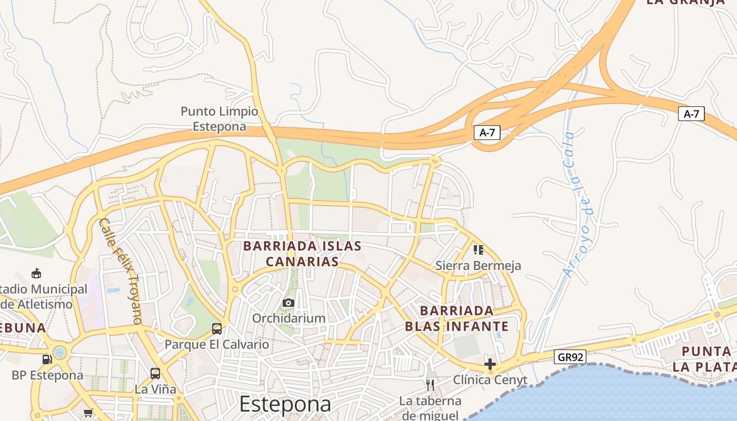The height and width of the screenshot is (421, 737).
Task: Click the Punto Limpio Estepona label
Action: tap(220, 119)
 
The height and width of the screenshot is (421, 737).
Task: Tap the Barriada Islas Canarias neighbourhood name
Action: tap(302, 254)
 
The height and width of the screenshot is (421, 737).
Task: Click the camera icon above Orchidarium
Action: tap(288, 303)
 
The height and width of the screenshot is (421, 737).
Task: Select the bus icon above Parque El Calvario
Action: tap(216, 329)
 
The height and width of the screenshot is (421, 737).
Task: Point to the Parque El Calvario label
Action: tap(217, 345)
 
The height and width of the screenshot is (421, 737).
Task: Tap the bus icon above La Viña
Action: tap(155, 374)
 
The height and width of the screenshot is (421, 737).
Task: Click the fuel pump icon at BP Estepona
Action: tap(47, 359)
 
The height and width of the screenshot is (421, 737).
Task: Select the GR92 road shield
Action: tap(571, 357)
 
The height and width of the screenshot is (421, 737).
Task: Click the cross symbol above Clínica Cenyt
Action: tap(490, 364)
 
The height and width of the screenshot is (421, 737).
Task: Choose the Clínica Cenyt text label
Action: tap(490, 380)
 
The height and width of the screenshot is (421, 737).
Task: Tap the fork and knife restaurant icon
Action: tap(430, 385)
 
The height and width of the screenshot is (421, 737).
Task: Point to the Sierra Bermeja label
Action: tap(478, 266)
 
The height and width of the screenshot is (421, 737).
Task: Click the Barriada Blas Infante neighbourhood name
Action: tap(457, 318)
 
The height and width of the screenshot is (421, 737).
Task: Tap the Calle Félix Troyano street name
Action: tap(121, 270)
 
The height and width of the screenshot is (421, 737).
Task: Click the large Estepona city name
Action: tap(285, 404)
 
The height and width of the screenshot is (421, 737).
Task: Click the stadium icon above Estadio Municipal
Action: tap(36, 273)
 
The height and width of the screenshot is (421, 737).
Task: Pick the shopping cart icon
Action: tap(88, 413)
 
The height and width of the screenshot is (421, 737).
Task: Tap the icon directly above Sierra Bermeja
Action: tap(478, 249)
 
